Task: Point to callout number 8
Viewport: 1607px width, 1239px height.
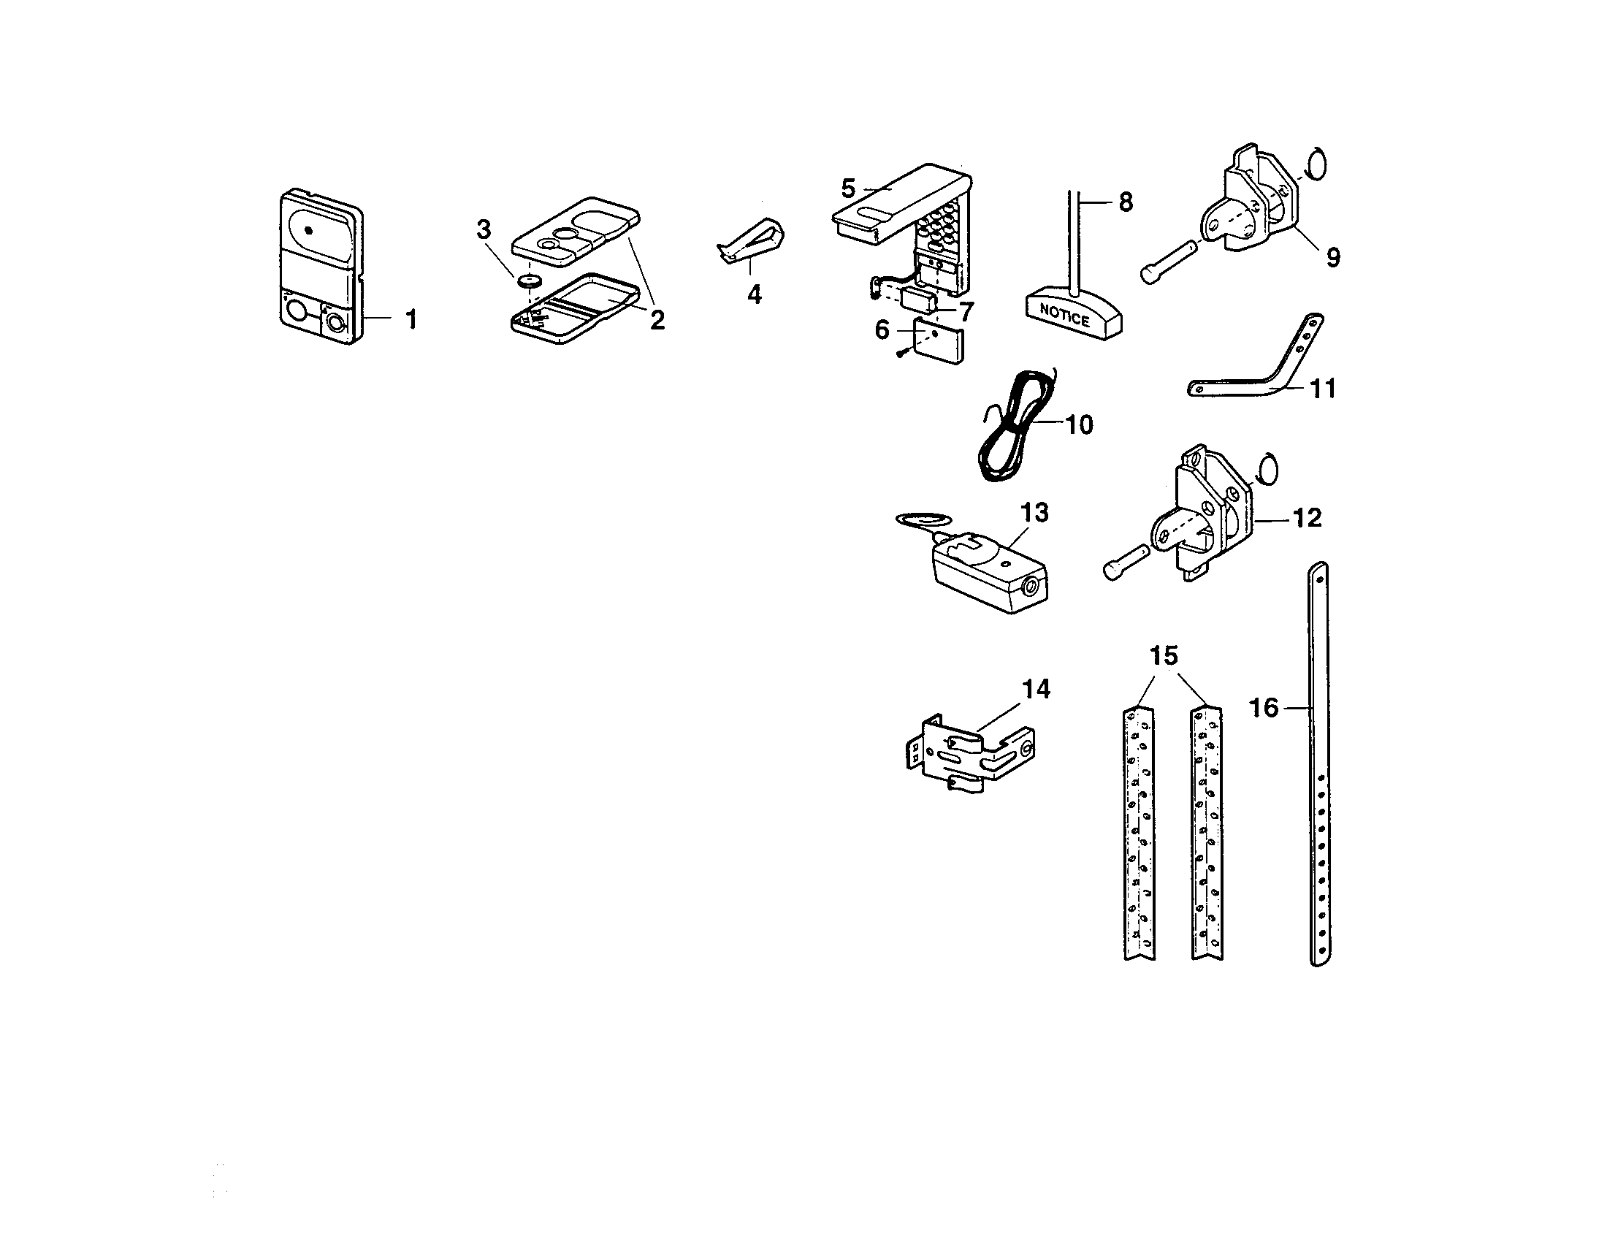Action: click(1125, 202)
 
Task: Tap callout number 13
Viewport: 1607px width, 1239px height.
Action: click(1034, 513)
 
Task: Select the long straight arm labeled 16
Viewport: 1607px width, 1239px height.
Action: click(1320, 765)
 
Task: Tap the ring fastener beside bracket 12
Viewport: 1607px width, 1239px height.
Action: click(1267, 470)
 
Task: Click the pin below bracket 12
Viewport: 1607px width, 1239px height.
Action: click(1125, 559)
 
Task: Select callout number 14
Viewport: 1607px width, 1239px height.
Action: click(1035, 690)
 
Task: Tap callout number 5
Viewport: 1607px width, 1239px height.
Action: click(848, 189)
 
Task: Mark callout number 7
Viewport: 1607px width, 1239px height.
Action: click(965, 311)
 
